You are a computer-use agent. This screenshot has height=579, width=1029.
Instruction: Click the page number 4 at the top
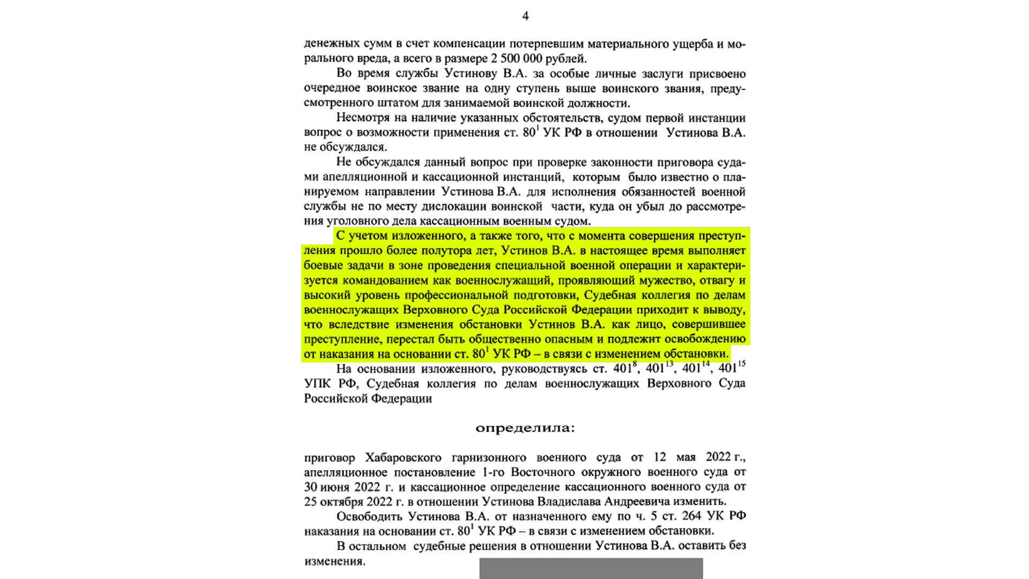(525, 16)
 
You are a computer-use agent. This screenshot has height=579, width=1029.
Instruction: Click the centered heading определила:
(525, 428)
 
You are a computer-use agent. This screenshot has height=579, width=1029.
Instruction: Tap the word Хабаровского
(403, 457)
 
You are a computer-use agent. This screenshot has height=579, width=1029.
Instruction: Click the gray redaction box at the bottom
(591, 568)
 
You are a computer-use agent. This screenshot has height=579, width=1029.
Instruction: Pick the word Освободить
(369, 516)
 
